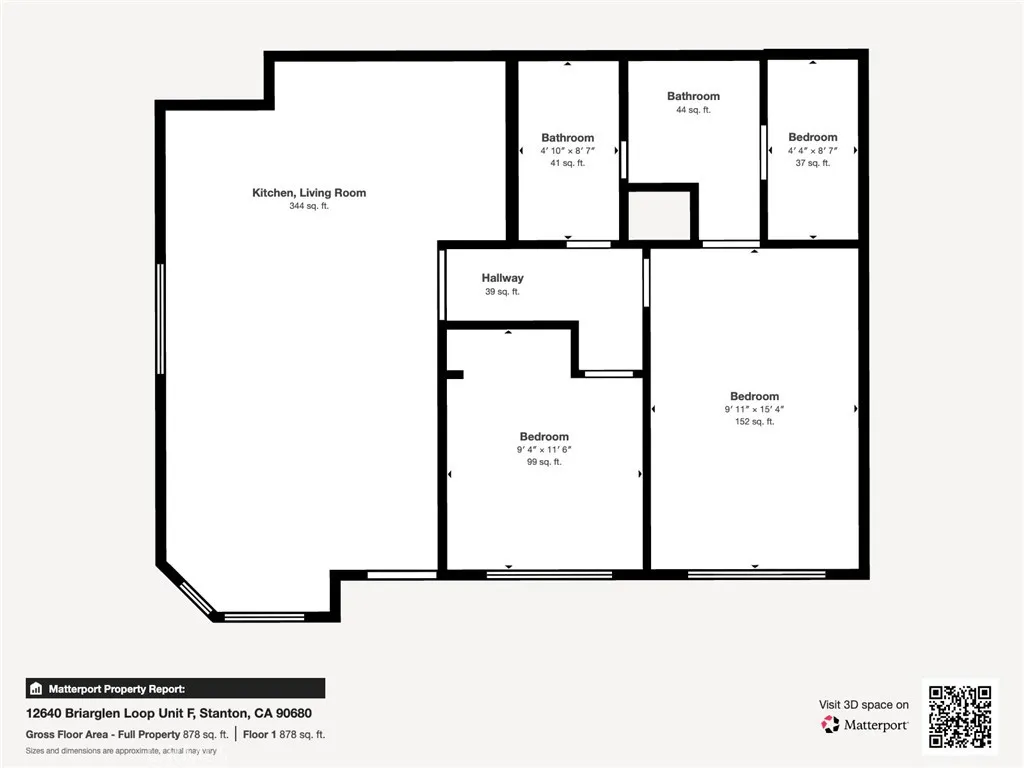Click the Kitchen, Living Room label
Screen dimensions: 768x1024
coord(309,193)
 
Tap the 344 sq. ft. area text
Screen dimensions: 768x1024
coord(309,207)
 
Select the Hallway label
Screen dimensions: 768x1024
coord(502,278)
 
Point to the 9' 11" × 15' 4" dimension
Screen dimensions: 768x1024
coord(754,409)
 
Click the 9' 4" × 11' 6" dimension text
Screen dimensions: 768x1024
coord(544,450)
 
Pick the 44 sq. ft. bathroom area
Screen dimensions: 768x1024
coord(693,110)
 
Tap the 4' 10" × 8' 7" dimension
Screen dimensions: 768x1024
coord(567,151)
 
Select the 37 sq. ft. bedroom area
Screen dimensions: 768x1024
coord(812,163)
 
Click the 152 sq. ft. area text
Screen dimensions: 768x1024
coord(754,422)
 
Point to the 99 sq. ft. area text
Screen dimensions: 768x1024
coord(544,462)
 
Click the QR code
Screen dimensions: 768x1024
coord(960,716)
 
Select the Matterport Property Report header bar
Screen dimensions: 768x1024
coord(175,688)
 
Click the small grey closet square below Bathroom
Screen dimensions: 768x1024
coord(660,215)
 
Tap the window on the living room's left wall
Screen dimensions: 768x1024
coord(160,319)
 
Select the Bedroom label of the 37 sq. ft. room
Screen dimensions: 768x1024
coord(812,137)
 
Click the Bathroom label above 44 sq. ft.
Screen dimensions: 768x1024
coord(693,97)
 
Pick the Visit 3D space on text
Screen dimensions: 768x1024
coord(864,705)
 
